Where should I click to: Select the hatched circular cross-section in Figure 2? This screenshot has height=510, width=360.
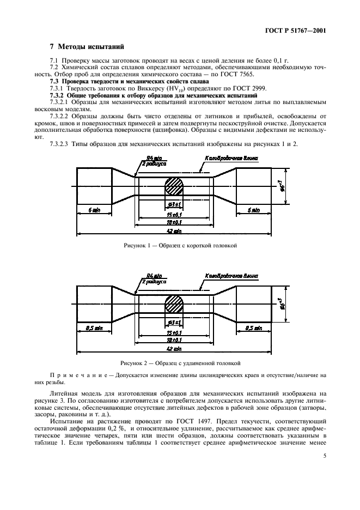(x=175, y=303)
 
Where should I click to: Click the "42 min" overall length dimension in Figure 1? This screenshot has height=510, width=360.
(x=174, y=231)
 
